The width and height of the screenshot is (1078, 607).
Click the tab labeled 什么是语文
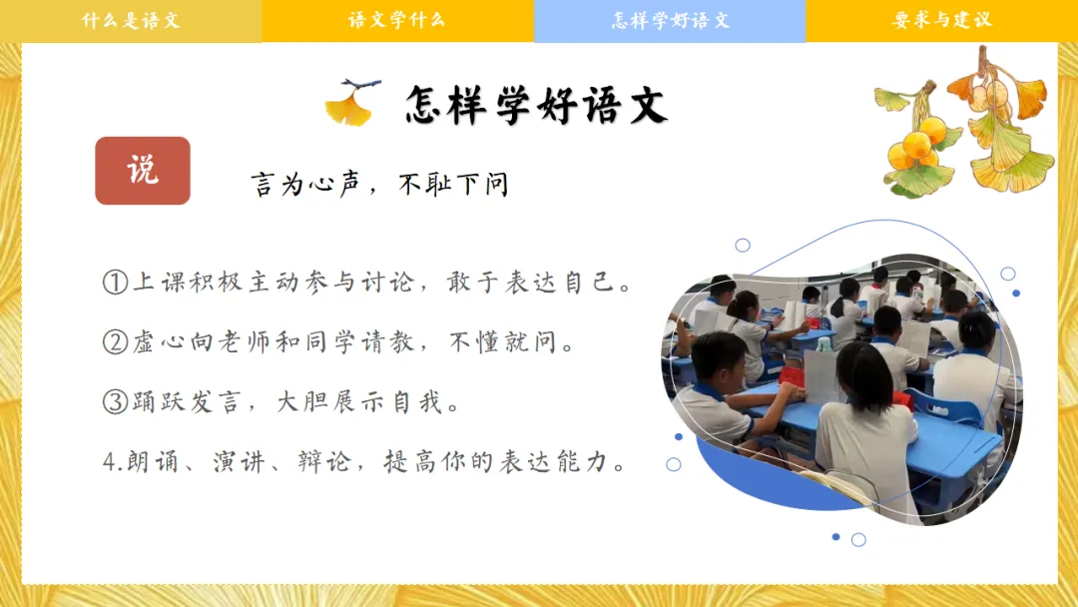pos(131,21)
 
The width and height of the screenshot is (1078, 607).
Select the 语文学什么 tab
pos(397,21)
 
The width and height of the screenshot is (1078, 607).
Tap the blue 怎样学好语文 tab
pos(670,21)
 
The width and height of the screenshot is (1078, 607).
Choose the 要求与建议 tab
pos(942,21)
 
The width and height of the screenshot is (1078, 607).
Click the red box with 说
pos(143,171)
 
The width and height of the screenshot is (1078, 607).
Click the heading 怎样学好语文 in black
pos(536,105)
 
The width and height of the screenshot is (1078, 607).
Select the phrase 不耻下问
pos(454,185)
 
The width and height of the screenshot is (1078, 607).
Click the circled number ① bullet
pos(116,282)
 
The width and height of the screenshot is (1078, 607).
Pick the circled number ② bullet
pos(116,341)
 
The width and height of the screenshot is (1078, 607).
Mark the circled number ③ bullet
pos(116,401)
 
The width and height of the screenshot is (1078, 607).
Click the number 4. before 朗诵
pos(112,462)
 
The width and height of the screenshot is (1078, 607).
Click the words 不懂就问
pos(511,341)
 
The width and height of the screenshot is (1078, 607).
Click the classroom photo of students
pos(841,388)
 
